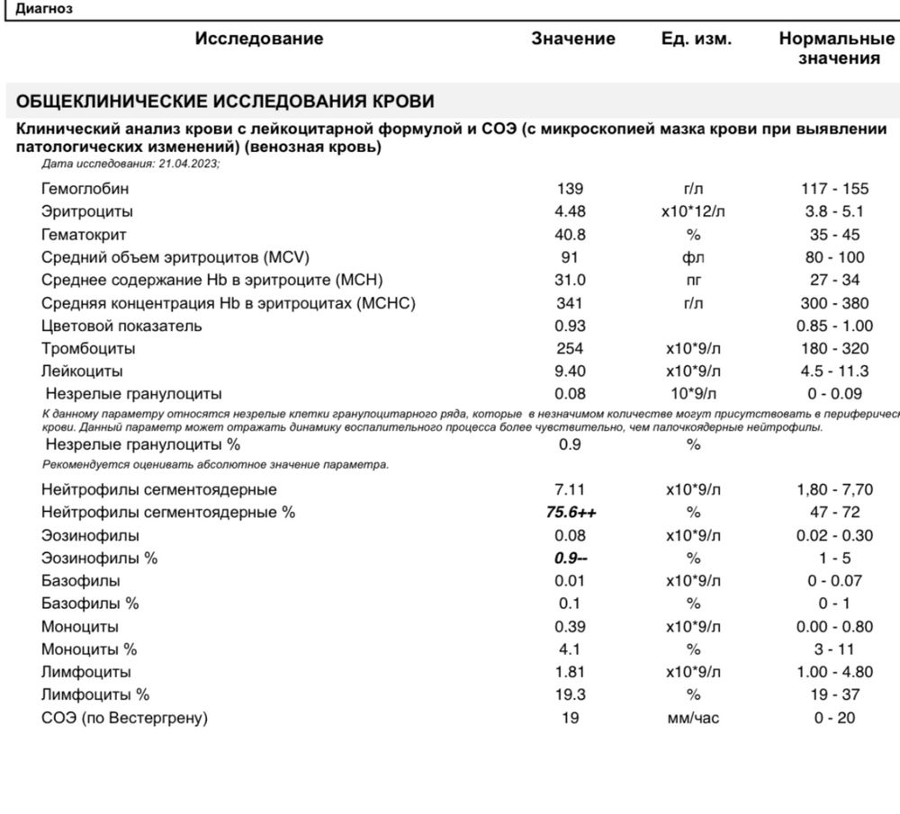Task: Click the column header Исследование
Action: point(258,39)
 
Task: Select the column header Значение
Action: point(573,39)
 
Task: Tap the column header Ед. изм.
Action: point(696,39)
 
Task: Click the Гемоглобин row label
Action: point(85,189)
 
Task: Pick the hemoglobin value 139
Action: point(571,189)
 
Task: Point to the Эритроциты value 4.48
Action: point(571,212)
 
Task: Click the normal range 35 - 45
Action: point(835,235)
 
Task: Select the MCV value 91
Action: point(571,258)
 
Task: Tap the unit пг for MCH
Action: point(694,281)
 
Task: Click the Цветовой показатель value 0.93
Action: point(571,326)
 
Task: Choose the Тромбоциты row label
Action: point(88,349)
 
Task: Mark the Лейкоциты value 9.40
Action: point(571,371)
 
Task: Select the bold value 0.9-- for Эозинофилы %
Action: point(571,559)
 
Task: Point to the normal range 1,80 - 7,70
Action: point(835,490)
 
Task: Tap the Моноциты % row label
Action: point(89,649)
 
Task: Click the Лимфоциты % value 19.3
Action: point(571,695)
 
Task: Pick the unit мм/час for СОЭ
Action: point(694,718)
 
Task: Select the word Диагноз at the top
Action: point(45,8)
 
